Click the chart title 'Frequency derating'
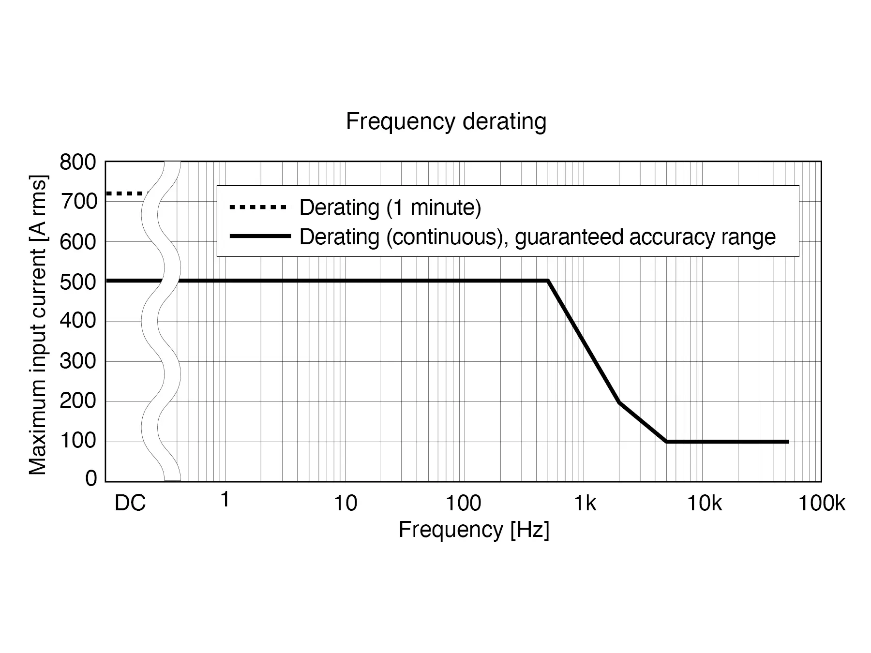[446, 121]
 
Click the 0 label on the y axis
[91, 479]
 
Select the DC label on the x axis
[130, 504]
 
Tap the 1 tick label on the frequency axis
[225, 500]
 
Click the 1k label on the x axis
[585, 504]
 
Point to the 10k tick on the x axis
[704, 504]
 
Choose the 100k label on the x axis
[821, 504]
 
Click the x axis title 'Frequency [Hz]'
[474, 530]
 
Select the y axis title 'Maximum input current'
[38, 325]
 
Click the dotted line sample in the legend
[258, 208]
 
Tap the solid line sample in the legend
[260, 237]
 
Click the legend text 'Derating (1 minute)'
[390, 208]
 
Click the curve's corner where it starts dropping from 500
[548, 281]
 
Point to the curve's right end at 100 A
[788, 442]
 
